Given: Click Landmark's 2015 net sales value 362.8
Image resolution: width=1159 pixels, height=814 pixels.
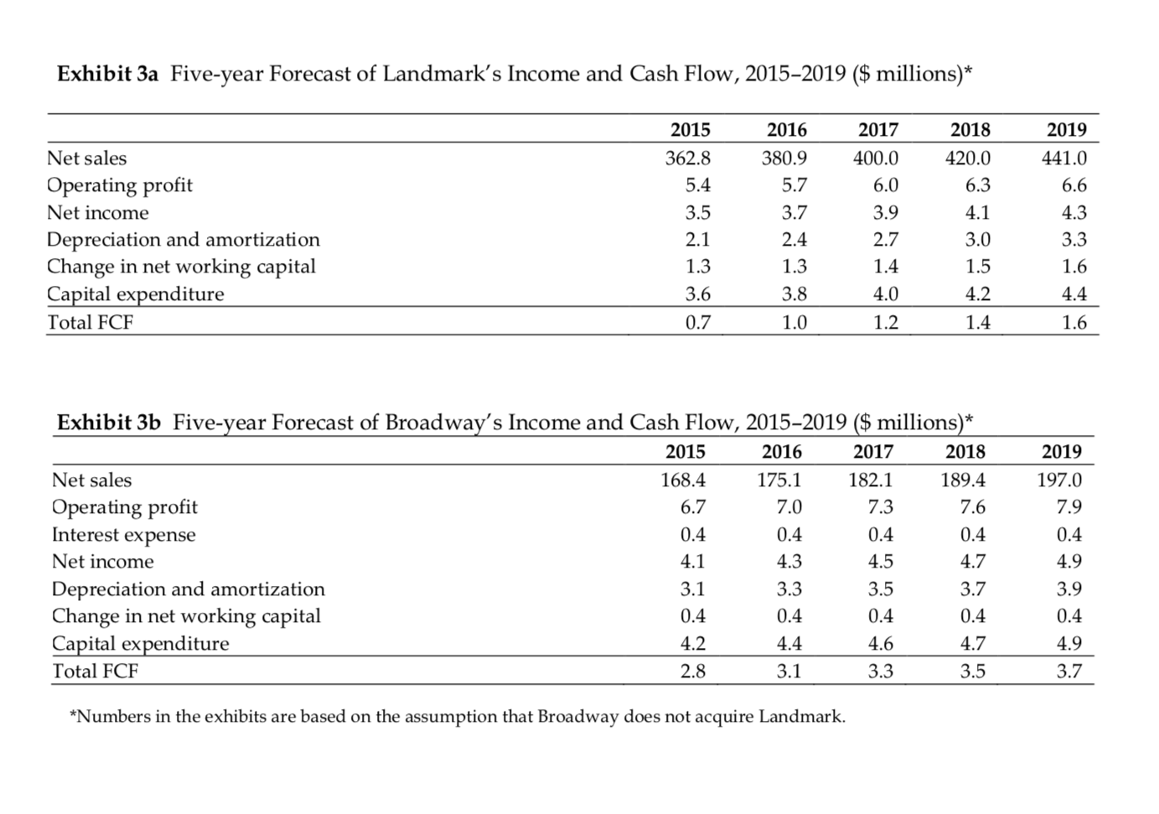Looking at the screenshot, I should coord(687,158).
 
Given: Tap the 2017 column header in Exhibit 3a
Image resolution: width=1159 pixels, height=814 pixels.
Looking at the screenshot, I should coord(877,129).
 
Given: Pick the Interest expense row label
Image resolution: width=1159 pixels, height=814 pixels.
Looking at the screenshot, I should coord(123,534).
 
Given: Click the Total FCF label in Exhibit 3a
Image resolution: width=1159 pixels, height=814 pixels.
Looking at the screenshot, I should coord(90,322).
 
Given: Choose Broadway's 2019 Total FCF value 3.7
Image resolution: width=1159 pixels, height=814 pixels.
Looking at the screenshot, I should coord(1068,671).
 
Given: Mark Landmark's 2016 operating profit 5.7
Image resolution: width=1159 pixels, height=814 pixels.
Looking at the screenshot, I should coord(794,184).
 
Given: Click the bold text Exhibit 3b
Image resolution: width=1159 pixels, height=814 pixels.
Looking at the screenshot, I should coord(108,422).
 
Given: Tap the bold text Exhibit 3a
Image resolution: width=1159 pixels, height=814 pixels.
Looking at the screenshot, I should coord(107,74).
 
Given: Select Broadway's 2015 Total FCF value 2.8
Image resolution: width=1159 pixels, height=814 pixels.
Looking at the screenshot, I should coord(692,671).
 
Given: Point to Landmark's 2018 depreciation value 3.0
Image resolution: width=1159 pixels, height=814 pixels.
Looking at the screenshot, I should coord(977,239).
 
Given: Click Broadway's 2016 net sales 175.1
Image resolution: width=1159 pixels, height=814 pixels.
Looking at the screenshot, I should coord(779,480).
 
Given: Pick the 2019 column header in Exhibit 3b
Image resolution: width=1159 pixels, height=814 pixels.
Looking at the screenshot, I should coord(1061,451).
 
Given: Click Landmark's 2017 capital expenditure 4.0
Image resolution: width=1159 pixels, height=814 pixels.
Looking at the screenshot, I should coord(886,293).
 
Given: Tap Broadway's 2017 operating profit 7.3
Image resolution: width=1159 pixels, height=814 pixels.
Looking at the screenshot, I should coord(881,506).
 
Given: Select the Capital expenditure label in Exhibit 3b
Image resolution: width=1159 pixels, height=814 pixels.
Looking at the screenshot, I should coord(140,643).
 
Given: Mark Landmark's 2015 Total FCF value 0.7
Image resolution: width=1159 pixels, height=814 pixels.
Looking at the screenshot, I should coord(697,322).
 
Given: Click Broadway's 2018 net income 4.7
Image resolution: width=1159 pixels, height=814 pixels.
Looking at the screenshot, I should coord(972,561).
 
